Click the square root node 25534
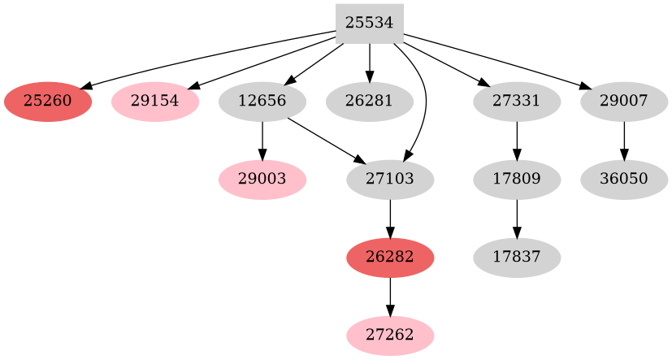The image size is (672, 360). tap(370, 23)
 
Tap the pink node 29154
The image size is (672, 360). tap(155, 102)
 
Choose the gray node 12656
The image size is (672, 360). tap(262, 102)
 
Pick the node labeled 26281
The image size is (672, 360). tap(370, 102)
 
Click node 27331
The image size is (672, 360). tap(517, 102)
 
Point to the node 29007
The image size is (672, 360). tap(624, 102)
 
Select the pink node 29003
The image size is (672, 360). tap(262, 179)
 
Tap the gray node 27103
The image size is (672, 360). tap(390, 179)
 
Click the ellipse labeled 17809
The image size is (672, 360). tap(517, 179)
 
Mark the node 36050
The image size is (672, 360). tap(624, 179)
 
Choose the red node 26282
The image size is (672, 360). tap(390, 258)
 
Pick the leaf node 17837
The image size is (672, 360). tap(517, 258)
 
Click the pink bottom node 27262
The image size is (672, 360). tap(390, 335)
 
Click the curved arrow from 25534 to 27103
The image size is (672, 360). tap(424, 98)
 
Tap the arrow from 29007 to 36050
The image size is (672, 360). tap(624, 140)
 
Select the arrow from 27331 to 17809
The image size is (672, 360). tap(517, 140)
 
